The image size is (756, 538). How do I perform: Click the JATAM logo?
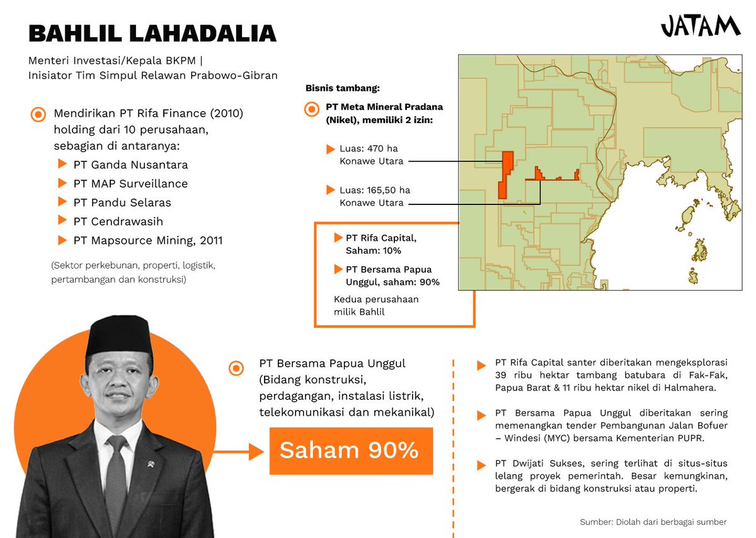coord(700,26)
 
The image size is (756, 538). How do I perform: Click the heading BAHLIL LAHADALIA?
coord(152,33)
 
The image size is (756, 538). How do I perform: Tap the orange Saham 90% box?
coord(351,450)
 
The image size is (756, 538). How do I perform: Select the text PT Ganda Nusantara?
coord(130,165)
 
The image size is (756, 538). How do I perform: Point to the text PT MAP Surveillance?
coord(130,184)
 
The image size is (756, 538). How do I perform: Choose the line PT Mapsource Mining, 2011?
coord(147,240)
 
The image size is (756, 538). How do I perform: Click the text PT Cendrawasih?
coord(118,221)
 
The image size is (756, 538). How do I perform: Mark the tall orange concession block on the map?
coord(505,175)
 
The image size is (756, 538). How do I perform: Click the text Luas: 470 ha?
coord(369,149)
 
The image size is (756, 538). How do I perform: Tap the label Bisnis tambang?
coord(343,88)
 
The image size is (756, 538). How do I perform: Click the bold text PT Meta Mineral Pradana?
coord(384,107)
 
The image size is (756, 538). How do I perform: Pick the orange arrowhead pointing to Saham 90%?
coord(255,451)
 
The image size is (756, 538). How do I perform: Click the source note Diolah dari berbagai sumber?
coord(653,522)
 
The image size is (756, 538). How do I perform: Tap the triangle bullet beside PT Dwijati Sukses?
coord(481,465)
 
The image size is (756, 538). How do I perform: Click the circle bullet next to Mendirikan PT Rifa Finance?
coord(38,115)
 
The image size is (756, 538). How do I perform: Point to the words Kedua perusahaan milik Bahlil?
coord(376,305)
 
